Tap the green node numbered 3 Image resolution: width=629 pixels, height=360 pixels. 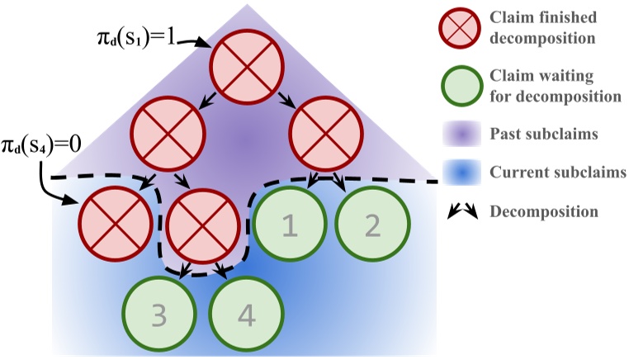[x=160, y=314]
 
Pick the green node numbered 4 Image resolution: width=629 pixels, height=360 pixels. [x=246, y=314]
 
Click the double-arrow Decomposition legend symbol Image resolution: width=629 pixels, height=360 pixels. [x=462, y=212]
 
